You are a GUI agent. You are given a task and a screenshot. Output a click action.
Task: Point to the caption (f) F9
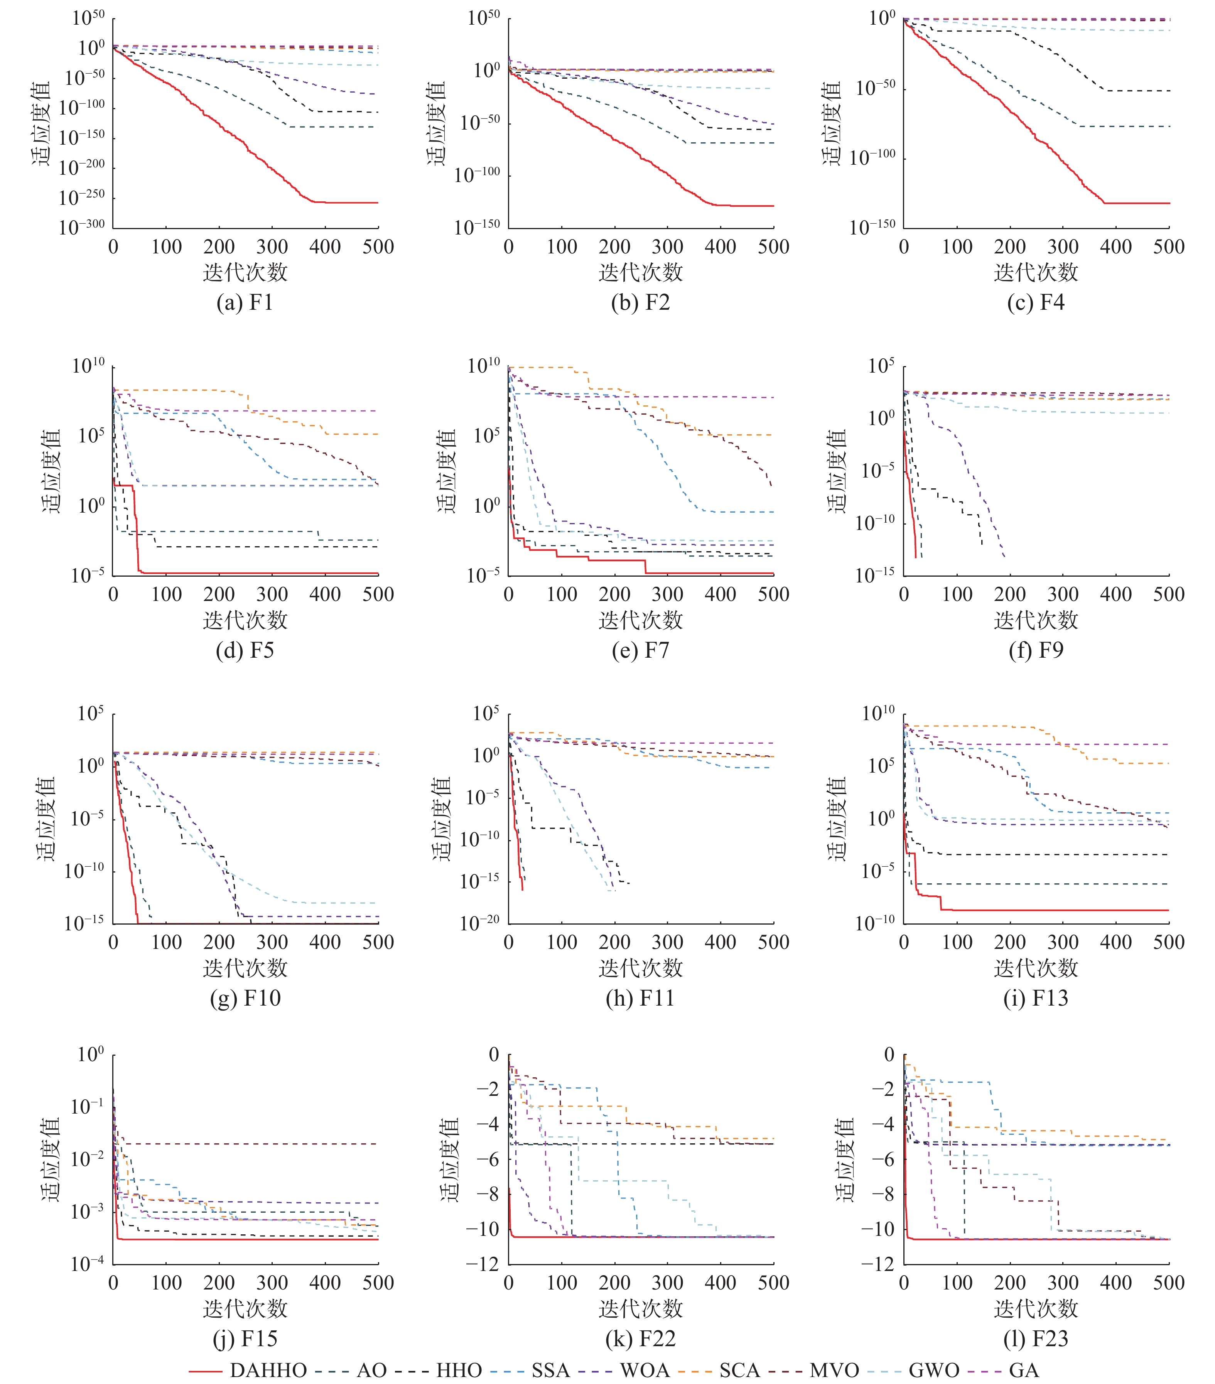(x=1036, y=650)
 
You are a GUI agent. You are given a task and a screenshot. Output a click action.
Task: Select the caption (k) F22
(x=640, y=1338)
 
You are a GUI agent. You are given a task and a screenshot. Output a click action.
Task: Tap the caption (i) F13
(x=1036, y=998)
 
